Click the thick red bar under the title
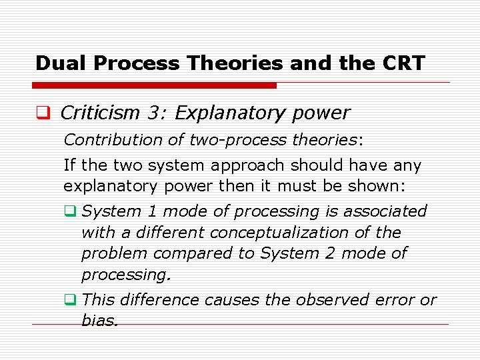coord(154,85)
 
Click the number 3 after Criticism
coord(157,113)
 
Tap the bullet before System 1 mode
coord(68,212)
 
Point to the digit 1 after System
coord(153,211)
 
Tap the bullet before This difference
coord(68,300)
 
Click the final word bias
coord(99,321)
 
